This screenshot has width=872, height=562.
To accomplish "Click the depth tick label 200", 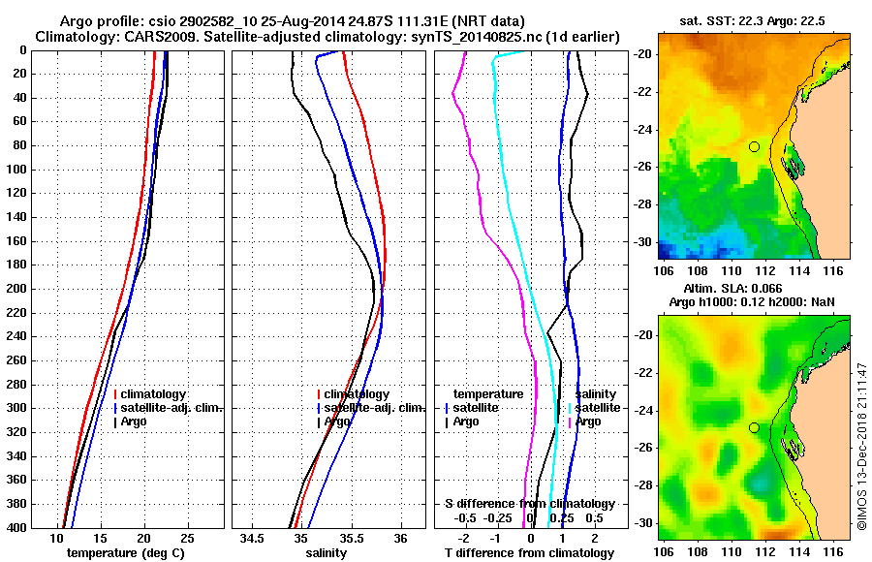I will tap(17, 289).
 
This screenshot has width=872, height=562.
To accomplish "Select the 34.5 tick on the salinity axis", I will tap(253, 538).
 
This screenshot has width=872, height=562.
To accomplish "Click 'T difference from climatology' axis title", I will tap(529, 553).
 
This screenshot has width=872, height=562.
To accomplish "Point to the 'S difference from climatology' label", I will tap(530, 504).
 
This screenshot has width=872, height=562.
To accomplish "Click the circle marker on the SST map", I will tap(754, 146).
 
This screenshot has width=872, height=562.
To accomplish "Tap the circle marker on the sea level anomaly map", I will tap(754, 427).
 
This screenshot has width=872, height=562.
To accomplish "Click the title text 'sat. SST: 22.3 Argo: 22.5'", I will tap(754, 19).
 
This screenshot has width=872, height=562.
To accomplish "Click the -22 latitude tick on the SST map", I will tap(645, 91).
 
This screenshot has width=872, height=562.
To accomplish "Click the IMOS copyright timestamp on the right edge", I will tap(861, 446).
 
